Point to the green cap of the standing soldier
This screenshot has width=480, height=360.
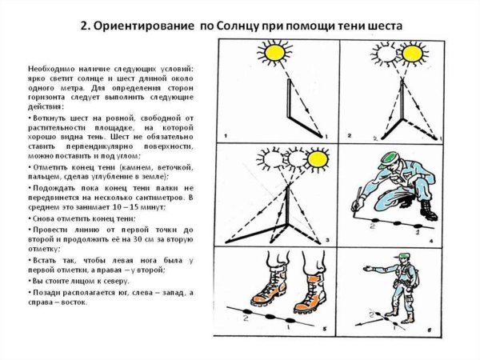tap(406, 257)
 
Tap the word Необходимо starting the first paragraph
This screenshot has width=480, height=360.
tap(50, 70)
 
